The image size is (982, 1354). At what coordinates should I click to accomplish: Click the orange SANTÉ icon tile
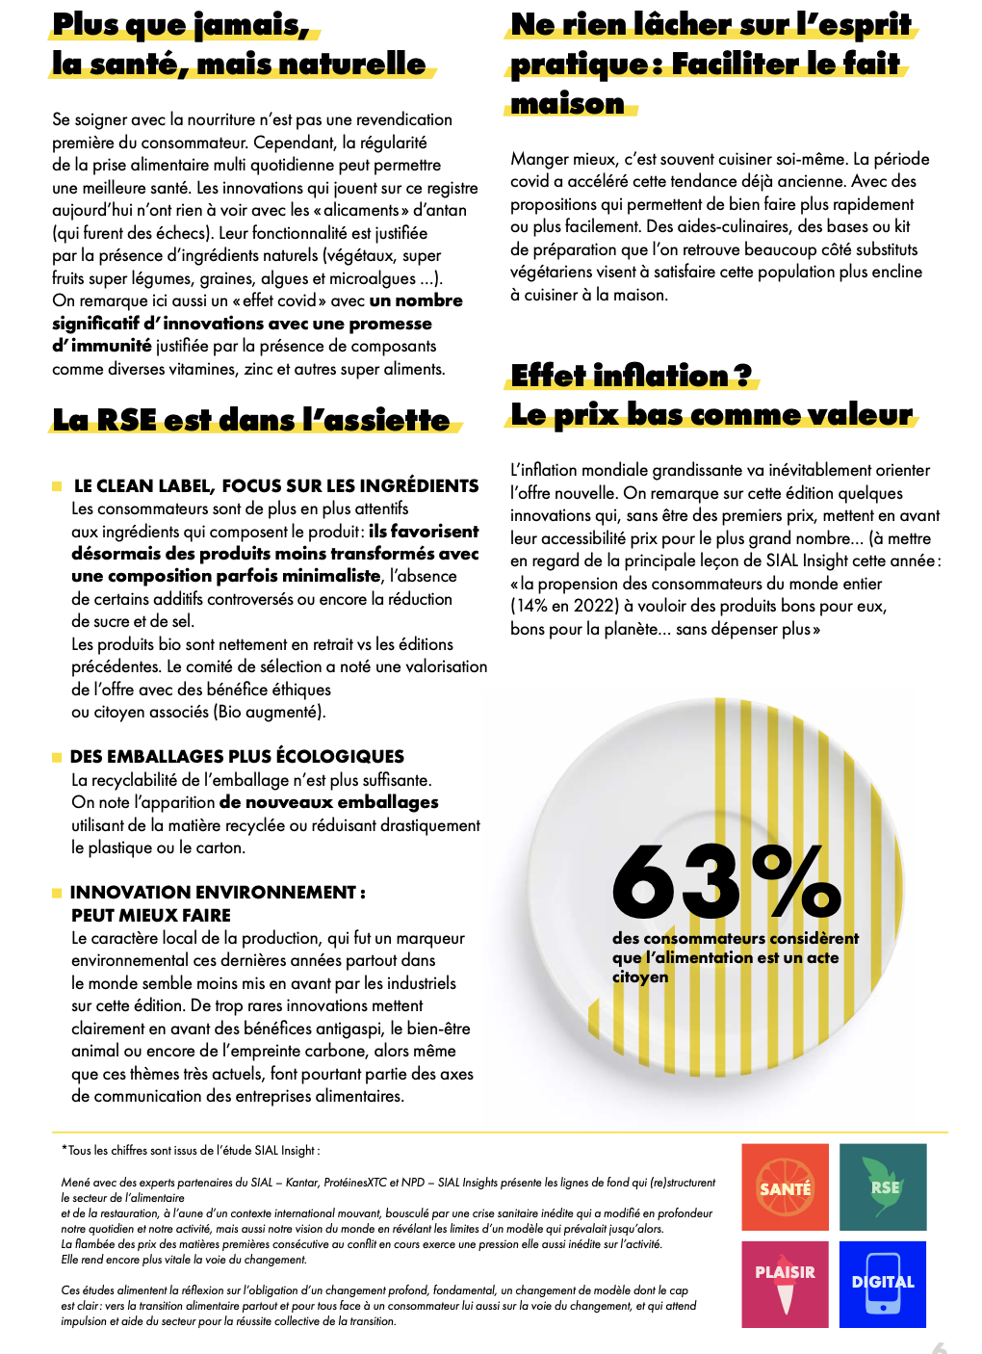[785, 1186]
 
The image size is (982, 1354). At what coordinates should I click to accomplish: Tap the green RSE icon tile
[883, 1186]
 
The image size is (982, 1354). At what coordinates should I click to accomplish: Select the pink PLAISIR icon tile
[785, 1284]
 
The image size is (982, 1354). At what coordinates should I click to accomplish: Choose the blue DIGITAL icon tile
[883, 1284]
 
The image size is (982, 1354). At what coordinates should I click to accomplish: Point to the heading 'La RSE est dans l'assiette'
[251, 420]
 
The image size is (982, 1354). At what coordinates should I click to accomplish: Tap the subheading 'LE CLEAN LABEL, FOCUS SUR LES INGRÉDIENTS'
[276, 485]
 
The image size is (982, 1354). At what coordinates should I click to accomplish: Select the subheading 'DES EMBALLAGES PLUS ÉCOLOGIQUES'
[237, 756]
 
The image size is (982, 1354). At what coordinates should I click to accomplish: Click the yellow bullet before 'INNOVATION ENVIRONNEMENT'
[57, 893]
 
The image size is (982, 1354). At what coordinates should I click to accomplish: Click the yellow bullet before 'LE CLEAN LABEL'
[57, 486]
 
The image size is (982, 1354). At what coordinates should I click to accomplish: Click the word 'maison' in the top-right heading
[568, 103]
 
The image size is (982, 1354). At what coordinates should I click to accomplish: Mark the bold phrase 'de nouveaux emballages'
[328, 802]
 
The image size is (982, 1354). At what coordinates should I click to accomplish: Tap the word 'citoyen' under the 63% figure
[640, 976]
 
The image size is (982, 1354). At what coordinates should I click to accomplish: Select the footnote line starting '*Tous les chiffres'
[191, 1150]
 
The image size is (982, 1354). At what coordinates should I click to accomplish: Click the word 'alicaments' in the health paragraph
[362, 210]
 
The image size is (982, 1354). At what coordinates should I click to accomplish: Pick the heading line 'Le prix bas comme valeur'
[711, 414]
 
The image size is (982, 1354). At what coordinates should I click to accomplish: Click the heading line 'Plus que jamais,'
[181, 25]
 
